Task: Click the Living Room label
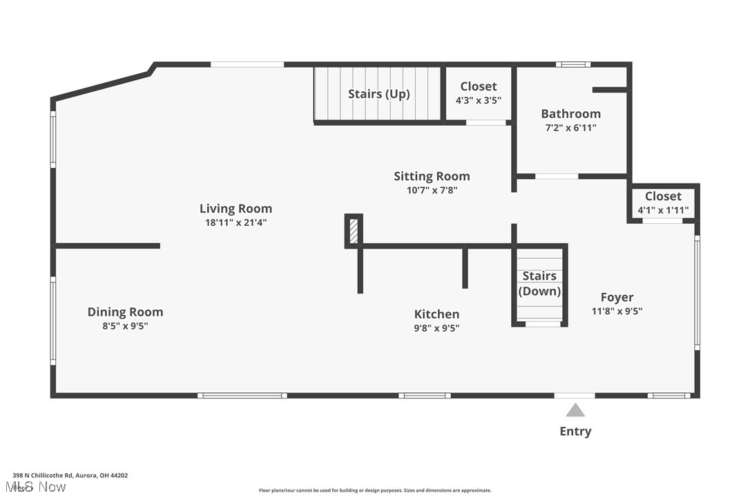click(x=235, y=209)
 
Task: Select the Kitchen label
click(x=436, y=314)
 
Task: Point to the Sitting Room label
click(x=432, y=176)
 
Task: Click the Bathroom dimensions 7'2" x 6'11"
click(x=570, y=128)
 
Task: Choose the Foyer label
click(x=617, y=297)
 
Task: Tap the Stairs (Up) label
click(x=378, y=94)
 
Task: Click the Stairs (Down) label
click(x=539, y=283)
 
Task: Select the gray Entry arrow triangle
click(x=575, y=411)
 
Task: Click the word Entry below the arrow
click(x=575, y=432)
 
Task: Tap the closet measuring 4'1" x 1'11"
click(x=663, y=203)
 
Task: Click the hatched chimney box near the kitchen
click(x=354, y=231)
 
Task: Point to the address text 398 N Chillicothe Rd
click(x=70, y=475)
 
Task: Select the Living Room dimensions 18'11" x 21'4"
click(x=235, y=222)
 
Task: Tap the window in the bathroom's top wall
click(x=573, y=65)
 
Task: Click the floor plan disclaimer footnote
click(x=375, y=490)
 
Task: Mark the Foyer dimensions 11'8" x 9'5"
click(x=617, y=311)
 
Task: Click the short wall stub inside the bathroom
click(x=609, y=89)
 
